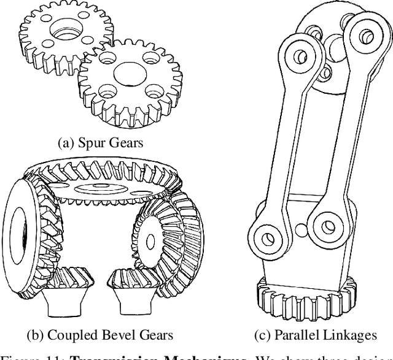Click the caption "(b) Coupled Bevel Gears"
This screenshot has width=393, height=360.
click(99, 335)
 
